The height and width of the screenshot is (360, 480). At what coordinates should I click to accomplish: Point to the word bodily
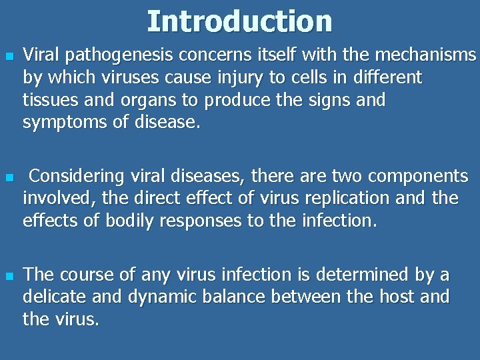(124, 221)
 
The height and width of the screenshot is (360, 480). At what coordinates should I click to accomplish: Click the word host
(397, 297)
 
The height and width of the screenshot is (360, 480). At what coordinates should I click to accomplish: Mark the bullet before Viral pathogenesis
(9, 55)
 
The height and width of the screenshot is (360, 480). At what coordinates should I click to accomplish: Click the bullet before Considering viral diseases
(9, 177)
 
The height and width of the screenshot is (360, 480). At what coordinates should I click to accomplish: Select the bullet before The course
(9, 275)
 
